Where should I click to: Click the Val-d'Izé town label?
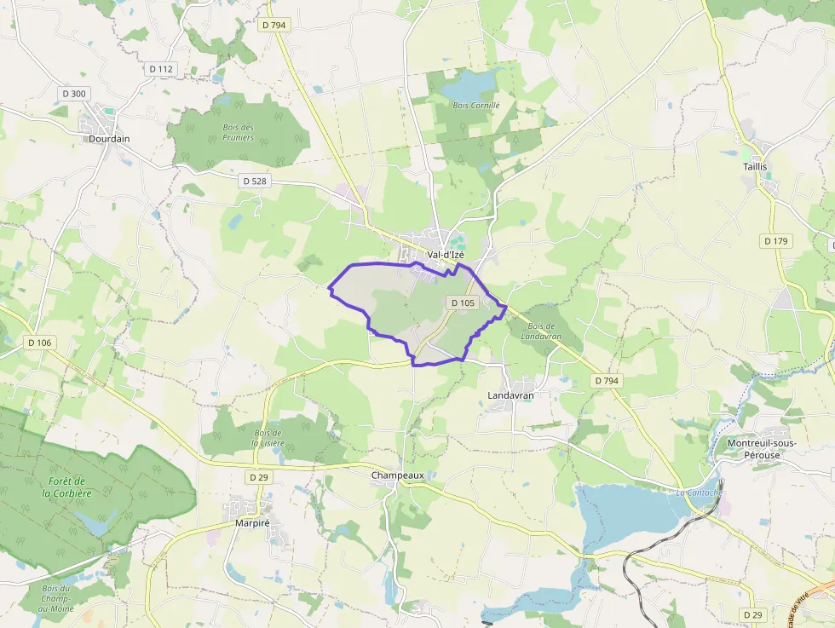pos(446,254)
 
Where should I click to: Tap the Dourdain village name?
pos(109,138)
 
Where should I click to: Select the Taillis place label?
pos(755,167)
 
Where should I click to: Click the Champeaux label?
pos(397,475)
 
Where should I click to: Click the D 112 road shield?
pos(160,69)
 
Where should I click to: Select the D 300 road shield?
pos(74,93)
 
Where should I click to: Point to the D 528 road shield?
pos(254,181)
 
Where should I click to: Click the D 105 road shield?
pos(462,302)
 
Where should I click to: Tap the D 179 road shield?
pos(776,241)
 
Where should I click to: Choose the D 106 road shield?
pos(39,343)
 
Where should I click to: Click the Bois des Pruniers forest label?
pos(238,132)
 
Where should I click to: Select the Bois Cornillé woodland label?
pos(476,106)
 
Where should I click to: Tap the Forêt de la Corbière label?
pos(70,487)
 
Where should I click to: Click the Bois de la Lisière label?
pos(267,437)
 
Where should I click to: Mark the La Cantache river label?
pos(699,493)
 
